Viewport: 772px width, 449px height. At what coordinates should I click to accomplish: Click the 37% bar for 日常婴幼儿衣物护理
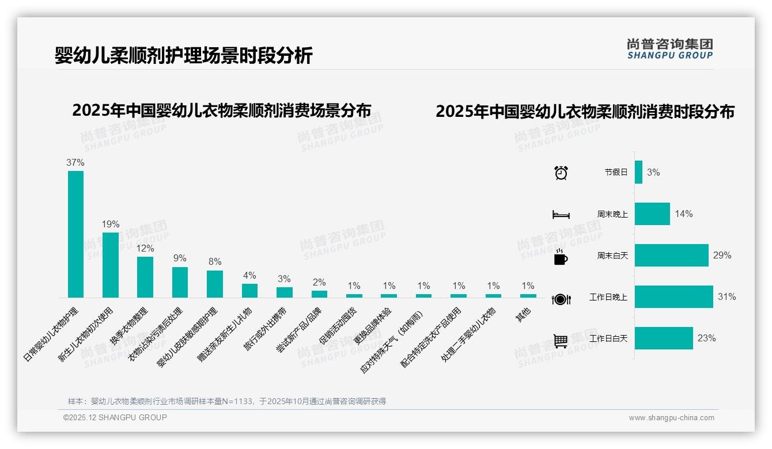75,234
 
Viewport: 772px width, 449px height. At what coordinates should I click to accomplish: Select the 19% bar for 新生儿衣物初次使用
110,265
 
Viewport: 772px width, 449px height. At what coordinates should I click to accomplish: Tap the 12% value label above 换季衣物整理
145,249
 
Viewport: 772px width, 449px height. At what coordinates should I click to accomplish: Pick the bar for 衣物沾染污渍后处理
180,282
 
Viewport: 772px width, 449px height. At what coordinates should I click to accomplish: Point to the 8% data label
215,261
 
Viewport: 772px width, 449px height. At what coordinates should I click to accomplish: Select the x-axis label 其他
523,315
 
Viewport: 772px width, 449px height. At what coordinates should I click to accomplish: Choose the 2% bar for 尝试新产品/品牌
319,294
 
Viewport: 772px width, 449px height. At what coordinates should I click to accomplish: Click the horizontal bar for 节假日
638,172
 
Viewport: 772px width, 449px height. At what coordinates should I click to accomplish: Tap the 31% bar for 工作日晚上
673,297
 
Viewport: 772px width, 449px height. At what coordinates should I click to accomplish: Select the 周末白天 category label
612,256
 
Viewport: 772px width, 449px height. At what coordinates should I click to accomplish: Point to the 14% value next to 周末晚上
684,214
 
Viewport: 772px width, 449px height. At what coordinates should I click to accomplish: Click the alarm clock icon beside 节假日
561,172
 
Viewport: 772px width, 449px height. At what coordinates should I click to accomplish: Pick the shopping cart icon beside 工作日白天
561,341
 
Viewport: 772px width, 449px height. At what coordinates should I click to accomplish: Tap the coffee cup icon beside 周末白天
561,257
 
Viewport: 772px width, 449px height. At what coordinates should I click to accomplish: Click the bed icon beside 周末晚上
561,215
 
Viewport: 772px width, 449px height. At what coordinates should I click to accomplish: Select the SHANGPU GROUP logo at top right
669,49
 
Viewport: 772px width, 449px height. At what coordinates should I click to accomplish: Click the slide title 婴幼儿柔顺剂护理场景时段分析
184,56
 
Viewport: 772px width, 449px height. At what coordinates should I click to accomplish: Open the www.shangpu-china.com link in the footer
671,418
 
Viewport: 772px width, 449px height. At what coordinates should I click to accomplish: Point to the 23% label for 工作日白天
706,338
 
